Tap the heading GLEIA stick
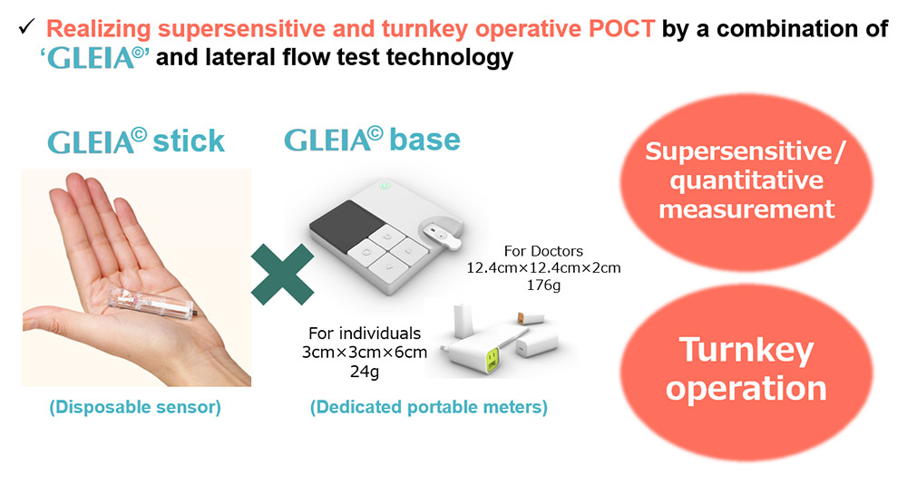click(x=137, y=142)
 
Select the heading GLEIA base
click(x=372, y=140)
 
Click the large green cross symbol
click(x=282, y=275)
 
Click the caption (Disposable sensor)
click(x=135, y=408)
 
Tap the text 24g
click(x=364, y=371)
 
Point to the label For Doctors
click(x=543, y=250)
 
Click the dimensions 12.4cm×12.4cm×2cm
click(x=543, y=268)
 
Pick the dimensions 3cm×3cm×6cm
click(x=364, y=352)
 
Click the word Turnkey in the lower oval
click(x=746, y=349)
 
